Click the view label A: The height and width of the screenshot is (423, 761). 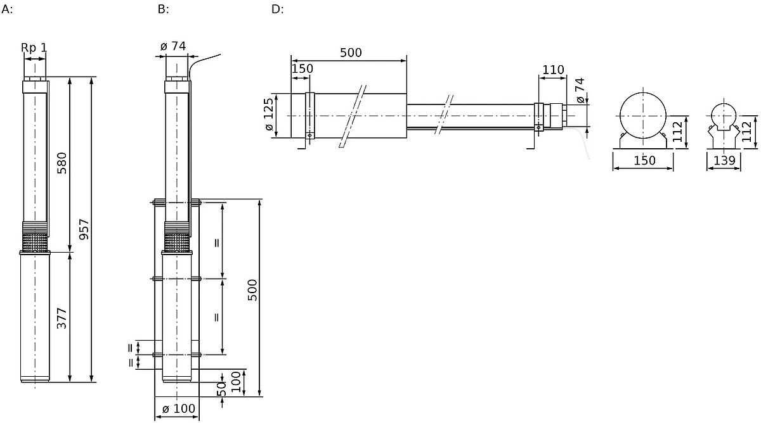click(x=7, y=9)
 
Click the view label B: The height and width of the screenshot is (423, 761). click(x=163, y=9)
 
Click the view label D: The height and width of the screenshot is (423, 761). click(x=277, y=9)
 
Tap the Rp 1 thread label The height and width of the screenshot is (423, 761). click(x=34, y=47)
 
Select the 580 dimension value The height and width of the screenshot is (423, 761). click(x=62, y=163)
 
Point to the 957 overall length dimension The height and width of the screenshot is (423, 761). click(x=84, y=230)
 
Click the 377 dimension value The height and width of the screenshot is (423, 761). click(x=62, y=318)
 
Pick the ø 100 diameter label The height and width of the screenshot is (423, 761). click(x=179, y=408)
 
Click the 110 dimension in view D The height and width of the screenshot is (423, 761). click(x=553, y=70)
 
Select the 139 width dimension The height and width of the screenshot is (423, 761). click(x=724, y=160)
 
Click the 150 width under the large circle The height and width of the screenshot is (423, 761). click(x=644, y=160)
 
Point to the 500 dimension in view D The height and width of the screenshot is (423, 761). click(x=351, y=53)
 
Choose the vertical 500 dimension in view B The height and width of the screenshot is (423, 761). click(x=252, y=290)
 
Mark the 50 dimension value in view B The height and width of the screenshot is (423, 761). click(x=221, y=389)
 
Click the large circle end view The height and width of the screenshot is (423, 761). click(x=643, y=116)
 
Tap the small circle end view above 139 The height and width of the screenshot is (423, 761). click(x=724, y=116)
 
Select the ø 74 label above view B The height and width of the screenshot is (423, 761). click(x=173, y=46)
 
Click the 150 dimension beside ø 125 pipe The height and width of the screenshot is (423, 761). click(x=302, y=69)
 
